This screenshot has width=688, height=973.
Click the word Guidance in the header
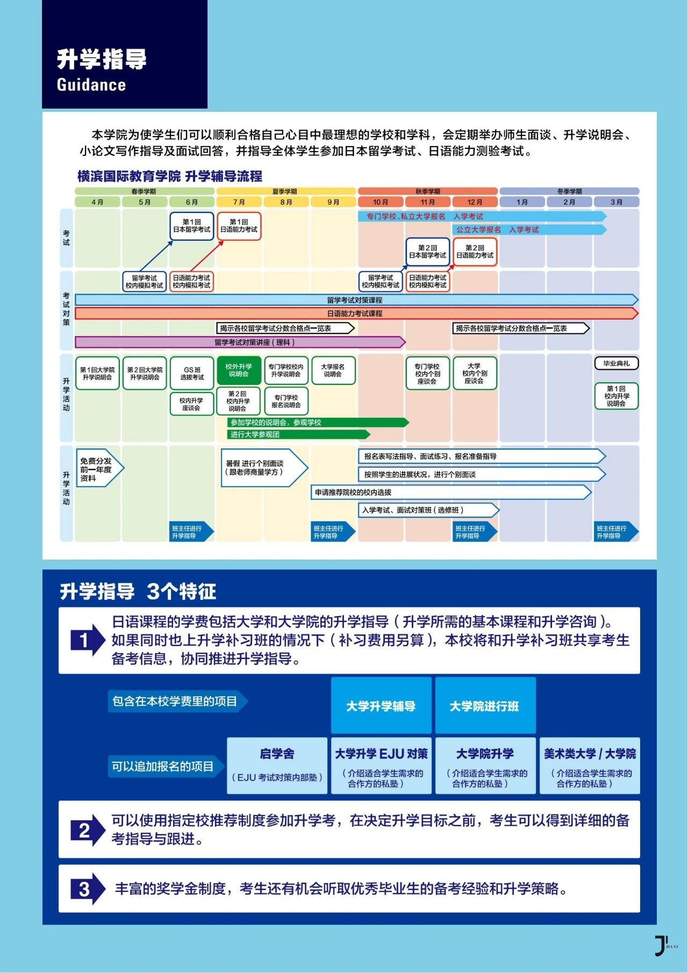pos(91,85)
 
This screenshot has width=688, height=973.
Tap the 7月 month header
pos(239,202)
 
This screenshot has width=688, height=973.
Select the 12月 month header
pos(475,202)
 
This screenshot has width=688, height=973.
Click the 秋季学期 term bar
pos(428,191)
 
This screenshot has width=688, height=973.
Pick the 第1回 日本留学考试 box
pos(192,226)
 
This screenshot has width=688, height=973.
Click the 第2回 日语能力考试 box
pos(475,252)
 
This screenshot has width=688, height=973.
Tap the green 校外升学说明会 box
pos(239,370)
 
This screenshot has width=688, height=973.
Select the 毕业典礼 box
pos(616,364)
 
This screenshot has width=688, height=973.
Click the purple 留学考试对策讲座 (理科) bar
pos(239,342)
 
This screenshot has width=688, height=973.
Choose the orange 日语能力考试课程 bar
pos(355,313)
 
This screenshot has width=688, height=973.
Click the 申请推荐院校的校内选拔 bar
pos(450,492)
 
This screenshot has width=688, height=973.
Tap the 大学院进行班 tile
pos(485,706)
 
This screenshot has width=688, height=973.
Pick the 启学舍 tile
pos(277,765)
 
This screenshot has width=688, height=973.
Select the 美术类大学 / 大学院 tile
pos(590,765)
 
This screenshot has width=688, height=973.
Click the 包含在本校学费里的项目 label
pos(176,702)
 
